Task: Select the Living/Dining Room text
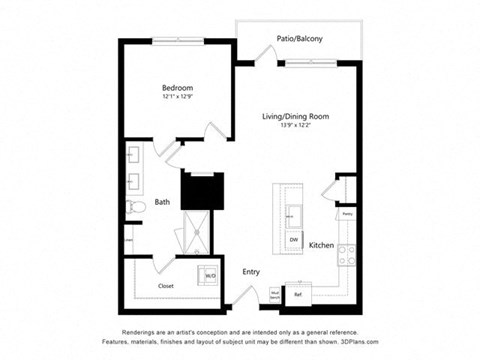click(x=297, y=116)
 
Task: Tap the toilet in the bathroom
click(x=136, y=207)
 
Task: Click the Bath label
click(x=162, y=203)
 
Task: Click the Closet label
click(x=167, y=285)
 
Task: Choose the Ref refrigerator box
click(x=298, y=294)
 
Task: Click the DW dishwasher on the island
click(x=294, y=240)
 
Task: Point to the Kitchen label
click(x=320, y=245)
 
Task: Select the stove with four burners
click(x=346, y=255)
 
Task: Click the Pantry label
click(x=346, y=213)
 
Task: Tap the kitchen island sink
click(x=294, y=214)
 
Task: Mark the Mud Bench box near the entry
click(x=275, y=294)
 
